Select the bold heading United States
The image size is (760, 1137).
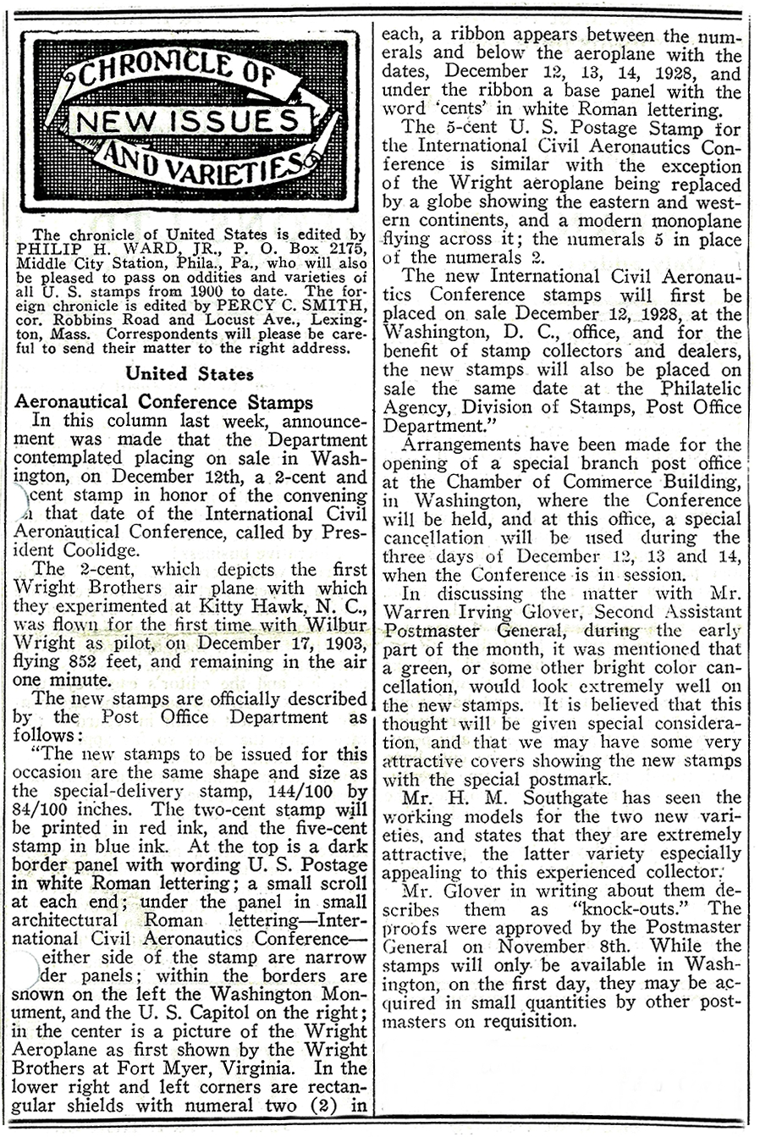[x=190, y=373]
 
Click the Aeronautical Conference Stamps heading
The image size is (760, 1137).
[x=163, y=402]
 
